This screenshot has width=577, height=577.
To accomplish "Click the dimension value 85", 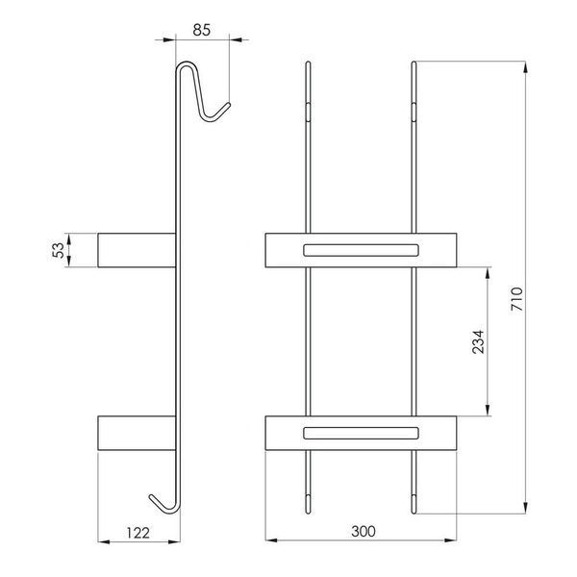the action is point(202,30).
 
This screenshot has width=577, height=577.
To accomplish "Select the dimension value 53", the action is point(59,250).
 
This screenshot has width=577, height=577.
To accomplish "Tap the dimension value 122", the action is point(138,533).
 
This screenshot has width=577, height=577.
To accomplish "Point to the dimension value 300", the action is point(364,531).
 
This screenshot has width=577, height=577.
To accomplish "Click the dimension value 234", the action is point(478,341).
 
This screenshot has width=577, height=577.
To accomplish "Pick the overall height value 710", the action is point(516,299).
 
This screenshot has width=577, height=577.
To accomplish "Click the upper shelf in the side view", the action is point(137,250).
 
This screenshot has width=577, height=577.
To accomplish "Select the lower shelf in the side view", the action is point(137,433).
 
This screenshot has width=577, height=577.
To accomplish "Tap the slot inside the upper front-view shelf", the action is point(361,250).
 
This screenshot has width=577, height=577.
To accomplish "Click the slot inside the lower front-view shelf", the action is point(361,433).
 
